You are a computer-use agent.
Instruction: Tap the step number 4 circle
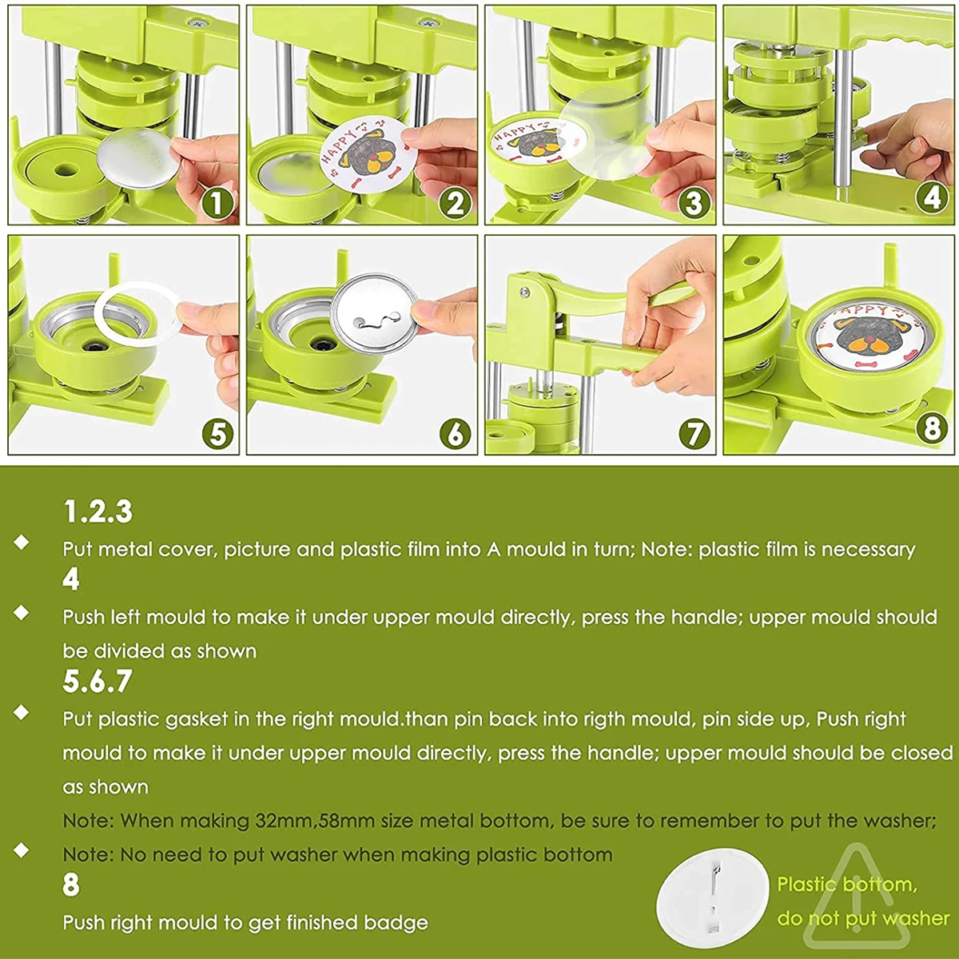(932, 197)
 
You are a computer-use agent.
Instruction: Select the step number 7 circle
(694, 433)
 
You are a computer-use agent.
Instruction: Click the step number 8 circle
(932, 429)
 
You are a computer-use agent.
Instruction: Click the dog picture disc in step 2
(368, 155)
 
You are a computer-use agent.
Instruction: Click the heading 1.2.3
(98, 511)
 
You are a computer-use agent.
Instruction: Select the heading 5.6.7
(97, 682)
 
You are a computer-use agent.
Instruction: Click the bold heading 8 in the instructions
(70, 885)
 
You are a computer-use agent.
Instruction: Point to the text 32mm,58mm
(315, 821)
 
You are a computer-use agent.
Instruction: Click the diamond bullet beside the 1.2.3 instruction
(22, 542)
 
